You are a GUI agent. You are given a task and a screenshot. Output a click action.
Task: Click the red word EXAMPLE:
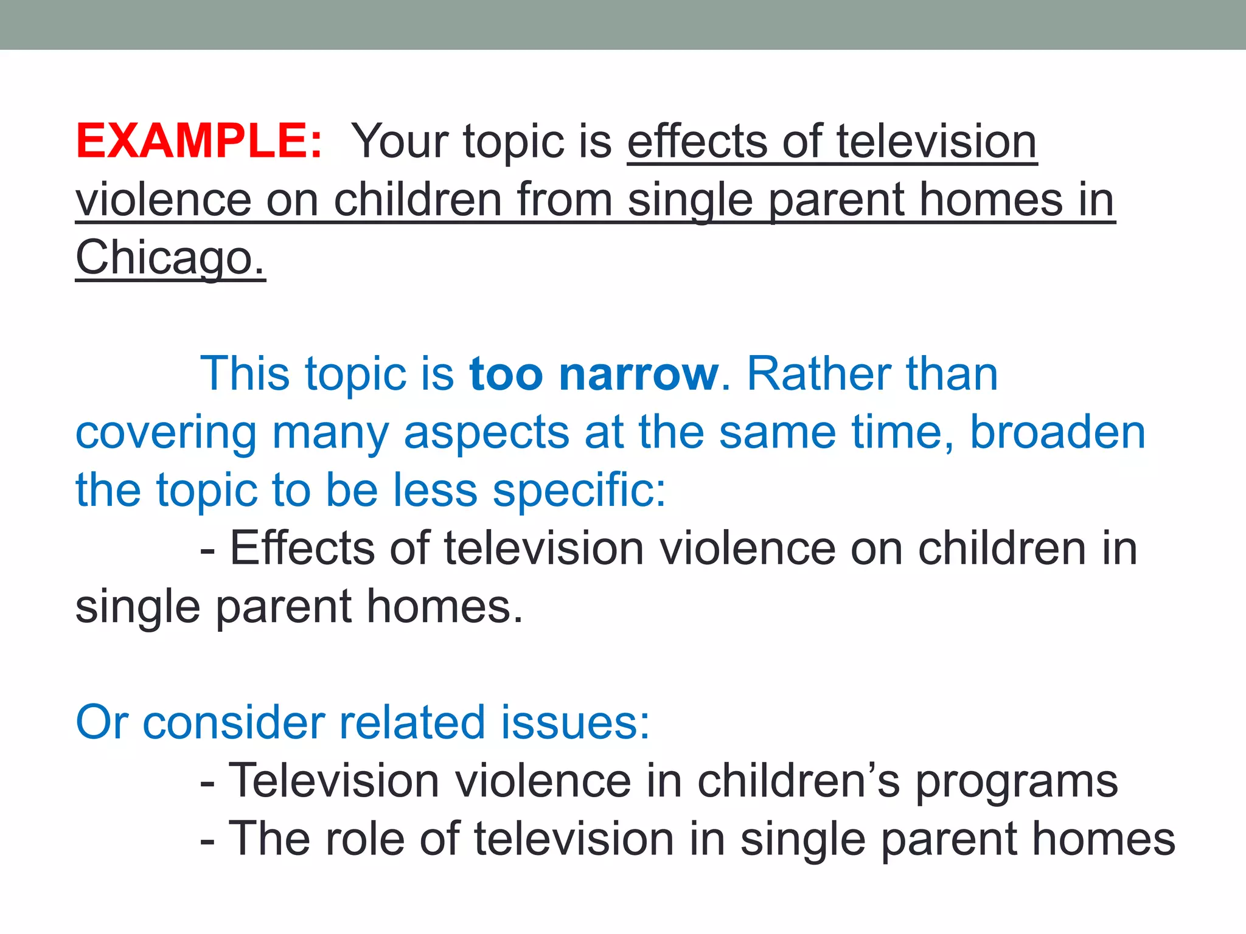coord(198,141)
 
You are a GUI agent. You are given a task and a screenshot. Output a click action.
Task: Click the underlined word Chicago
coord(170,258)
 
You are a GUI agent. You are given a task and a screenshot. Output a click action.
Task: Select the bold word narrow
coord(638,374)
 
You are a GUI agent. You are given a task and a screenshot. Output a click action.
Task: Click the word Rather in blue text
coord(818,374)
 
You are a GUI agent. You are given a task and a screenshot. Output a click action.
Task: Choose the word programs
coord(1016,781)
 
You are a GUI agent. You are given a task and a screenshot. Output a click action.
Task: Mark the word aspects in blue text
coord(486,433)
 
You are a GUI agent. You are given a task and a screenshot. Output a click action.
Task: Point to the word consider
coord(234,722)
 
